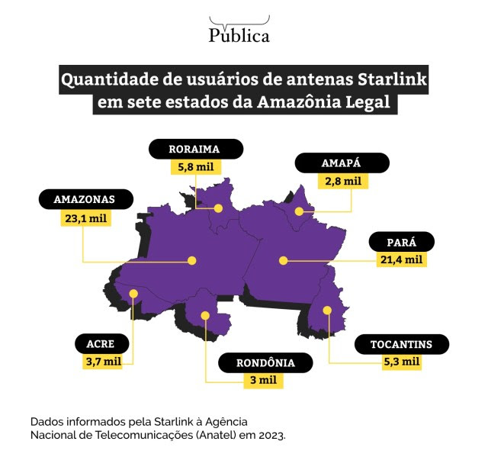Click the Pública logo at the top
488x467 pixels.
click(x=239, y=29)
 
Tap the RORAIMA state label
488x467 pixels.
click(x=196, y=149)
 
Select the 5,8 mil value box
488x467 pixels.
click(x=196, y=167)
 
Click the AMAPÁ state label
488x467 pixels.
click(x=342, y=163)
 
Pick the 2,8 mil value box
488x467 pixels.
click(x=343, y=181)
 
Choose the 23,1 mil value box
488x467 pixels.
click(x=86, y=218)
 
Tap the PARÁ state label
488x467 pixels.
click(x=402, y=242)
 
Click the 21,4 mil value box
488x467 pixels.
click(x=402, y=259)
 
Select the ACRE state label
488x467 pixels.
click(x=101, y=343)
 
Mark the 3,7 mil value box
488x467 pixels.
click(x=102, y=362)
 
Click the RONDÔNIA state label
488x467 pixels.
click(x=265, y=362)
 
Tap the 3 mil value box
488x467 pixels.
click(x=263, y=381)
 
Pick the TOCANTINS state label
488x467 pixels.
click(x=402, y=344)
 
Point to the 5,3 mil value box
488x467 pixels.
click(x=402, y=362)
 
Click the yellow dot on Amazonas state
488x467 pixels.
click(x=192, y=260)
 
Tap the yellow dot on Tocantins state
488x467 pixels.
click(x=327, y=311)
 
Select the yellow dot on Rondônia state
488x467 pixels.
click(x=205, y=316)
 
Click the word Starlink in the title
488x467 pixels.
click(x=392, y=79)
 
